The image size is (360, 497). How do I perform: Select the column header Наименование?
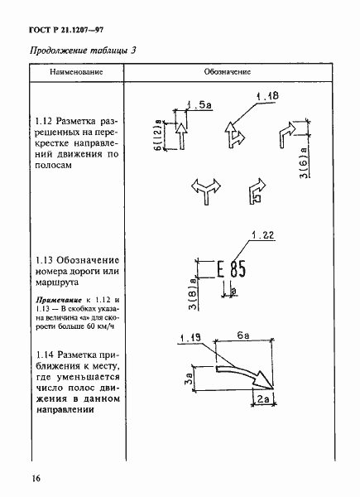pyautogui.click(x=76, y=72)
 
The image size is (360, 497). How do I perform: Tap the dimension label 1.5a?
pyautogui.click(x=196, y=106)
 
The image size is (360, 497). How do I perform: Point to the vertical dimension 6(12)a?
pyautogui.click(x=157, y=132)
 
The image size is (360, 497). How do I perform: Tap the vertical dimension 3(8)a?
pyautogui.click(x=190, y=289)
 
